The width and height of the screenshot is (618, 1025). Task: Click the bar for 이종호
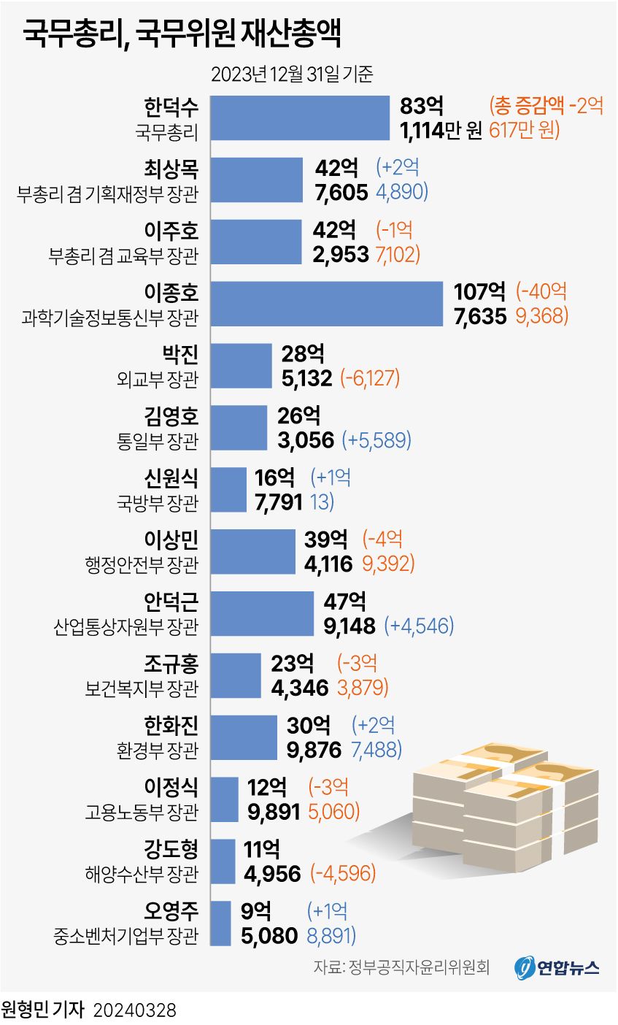(x=327, y=304)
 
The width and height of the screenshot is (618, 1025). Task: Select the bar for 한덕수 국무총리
(x=300, y=118)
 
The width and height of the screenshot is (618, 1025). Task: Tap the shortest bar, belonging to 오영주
(x=220, y=924)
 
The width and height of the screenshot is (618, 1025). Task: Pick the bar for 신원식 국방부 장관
(x=228, y=490)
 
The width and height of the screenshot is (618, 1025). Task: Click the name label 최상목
(x=171, y=169)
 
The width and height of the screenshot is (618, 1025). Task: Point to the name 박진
(x=180, y=354)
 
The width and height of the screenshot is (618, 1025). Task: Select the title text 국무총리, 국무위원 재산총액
(x=182, y=33)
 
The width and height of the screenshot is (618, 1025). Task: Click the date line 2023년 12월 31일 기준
(x=292, y=74)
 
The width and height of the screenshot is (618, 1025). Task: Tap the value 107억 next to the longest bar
(x=480, y=291)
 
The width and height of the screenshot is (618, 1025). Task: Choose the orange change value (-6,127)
(x=370, y=378)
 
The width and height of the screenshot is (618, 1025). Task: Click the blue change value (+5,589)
(x=376, y=440)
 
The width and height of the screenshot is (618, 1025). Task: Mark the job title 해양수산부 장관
(x=142, y=874)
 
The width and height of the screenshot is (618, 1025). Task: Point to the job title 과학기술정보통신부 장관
(x=110, y=317)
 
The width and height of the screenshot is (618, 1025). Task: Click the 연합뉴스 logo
(x=556, y=968)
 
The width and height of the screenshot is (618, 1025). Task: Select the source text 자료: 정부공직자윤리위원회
(x=401, y=967)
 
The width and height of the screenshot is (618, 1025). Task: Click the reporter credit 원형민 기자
(x=42, y=1010)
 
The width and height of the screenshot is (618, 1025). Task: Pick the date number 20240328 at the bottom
(x=134, y=1010)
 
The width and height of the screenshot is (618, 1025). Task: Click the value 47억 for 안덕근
(x=345, y=602)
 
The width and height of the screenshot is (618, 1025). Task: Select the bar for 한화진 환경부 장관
(x=244, y=737)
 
